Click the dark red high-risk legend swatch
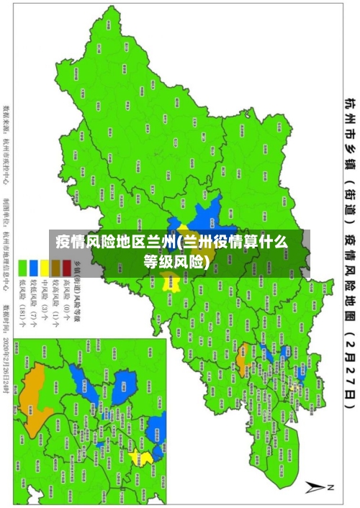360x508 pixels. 67,268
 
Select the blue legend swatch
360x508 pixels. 33,268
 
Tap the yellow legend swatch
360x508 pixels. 45,268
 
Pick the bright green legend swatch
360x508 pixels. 22,268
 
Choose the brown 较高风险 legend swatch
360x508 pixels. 55,268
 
